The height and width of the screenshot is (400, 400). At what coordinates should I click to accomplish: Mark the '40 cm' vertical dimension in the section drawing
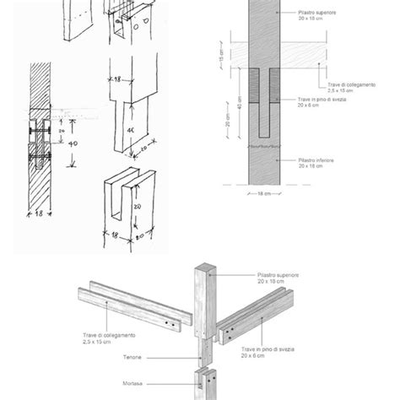[223, 108]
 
